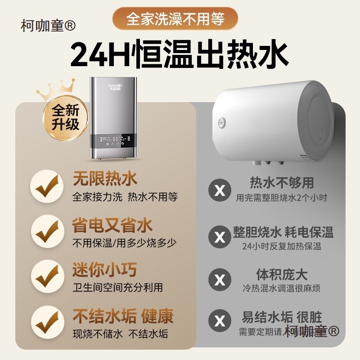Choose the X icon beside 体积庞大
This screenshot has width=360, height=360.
pyautogui.click(x=220, y=280)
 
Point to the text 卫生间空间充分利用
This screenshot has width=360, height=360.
pyautogui.click(x=117, y=287)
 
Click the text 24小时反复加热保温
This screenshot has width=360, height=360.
pyautogui.click(x=282, y=246)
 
